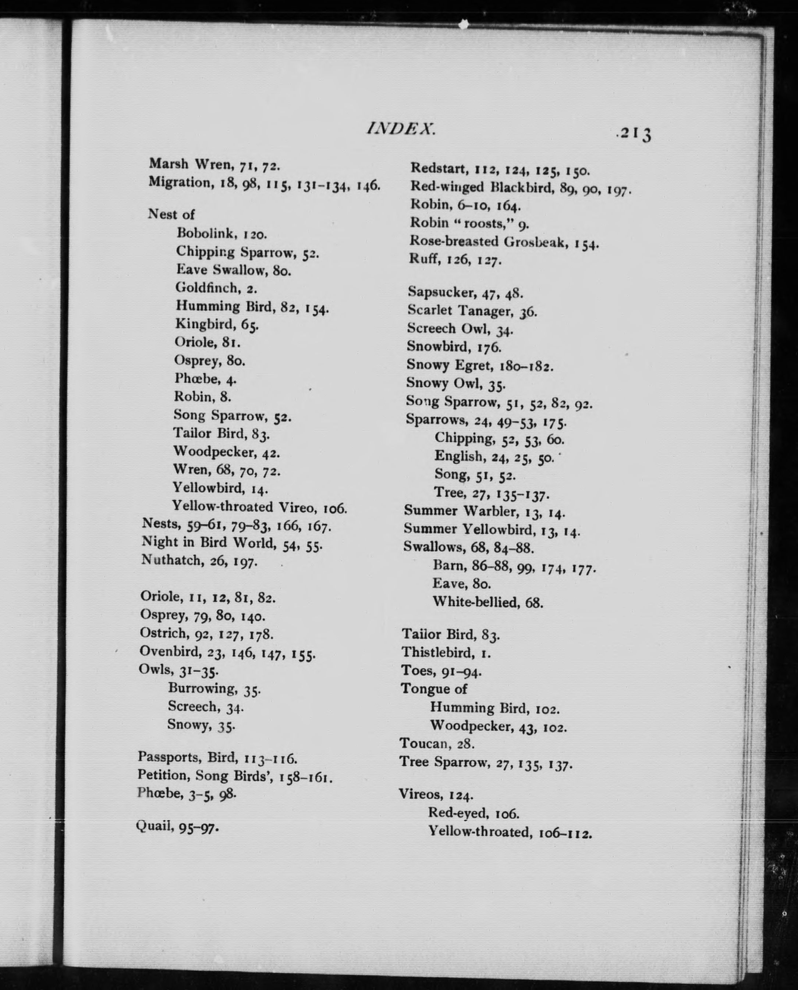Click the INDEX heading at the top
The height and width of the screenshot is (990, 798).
[400, 129]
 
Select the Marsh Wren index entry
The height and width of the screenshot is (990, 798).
[214, 164]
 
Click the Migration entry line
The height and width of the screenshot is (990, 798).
[264, 184]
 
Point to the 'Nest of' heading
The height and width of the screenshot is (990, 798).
[171, 214]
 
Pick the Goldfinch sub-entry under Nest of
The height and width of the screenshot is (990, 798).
[216, 288]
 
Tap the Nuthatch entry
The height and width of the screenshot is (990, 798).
[199, 560]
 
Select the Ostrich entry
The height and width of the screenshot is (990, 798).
[206, 634]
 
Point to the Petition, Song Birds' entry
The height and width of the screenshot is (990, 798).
[234, 776]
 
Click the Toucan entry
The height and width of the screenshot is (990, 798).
[437, 743]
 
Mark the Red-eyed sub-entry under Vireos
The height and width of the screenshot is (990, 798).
[474, 813]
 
